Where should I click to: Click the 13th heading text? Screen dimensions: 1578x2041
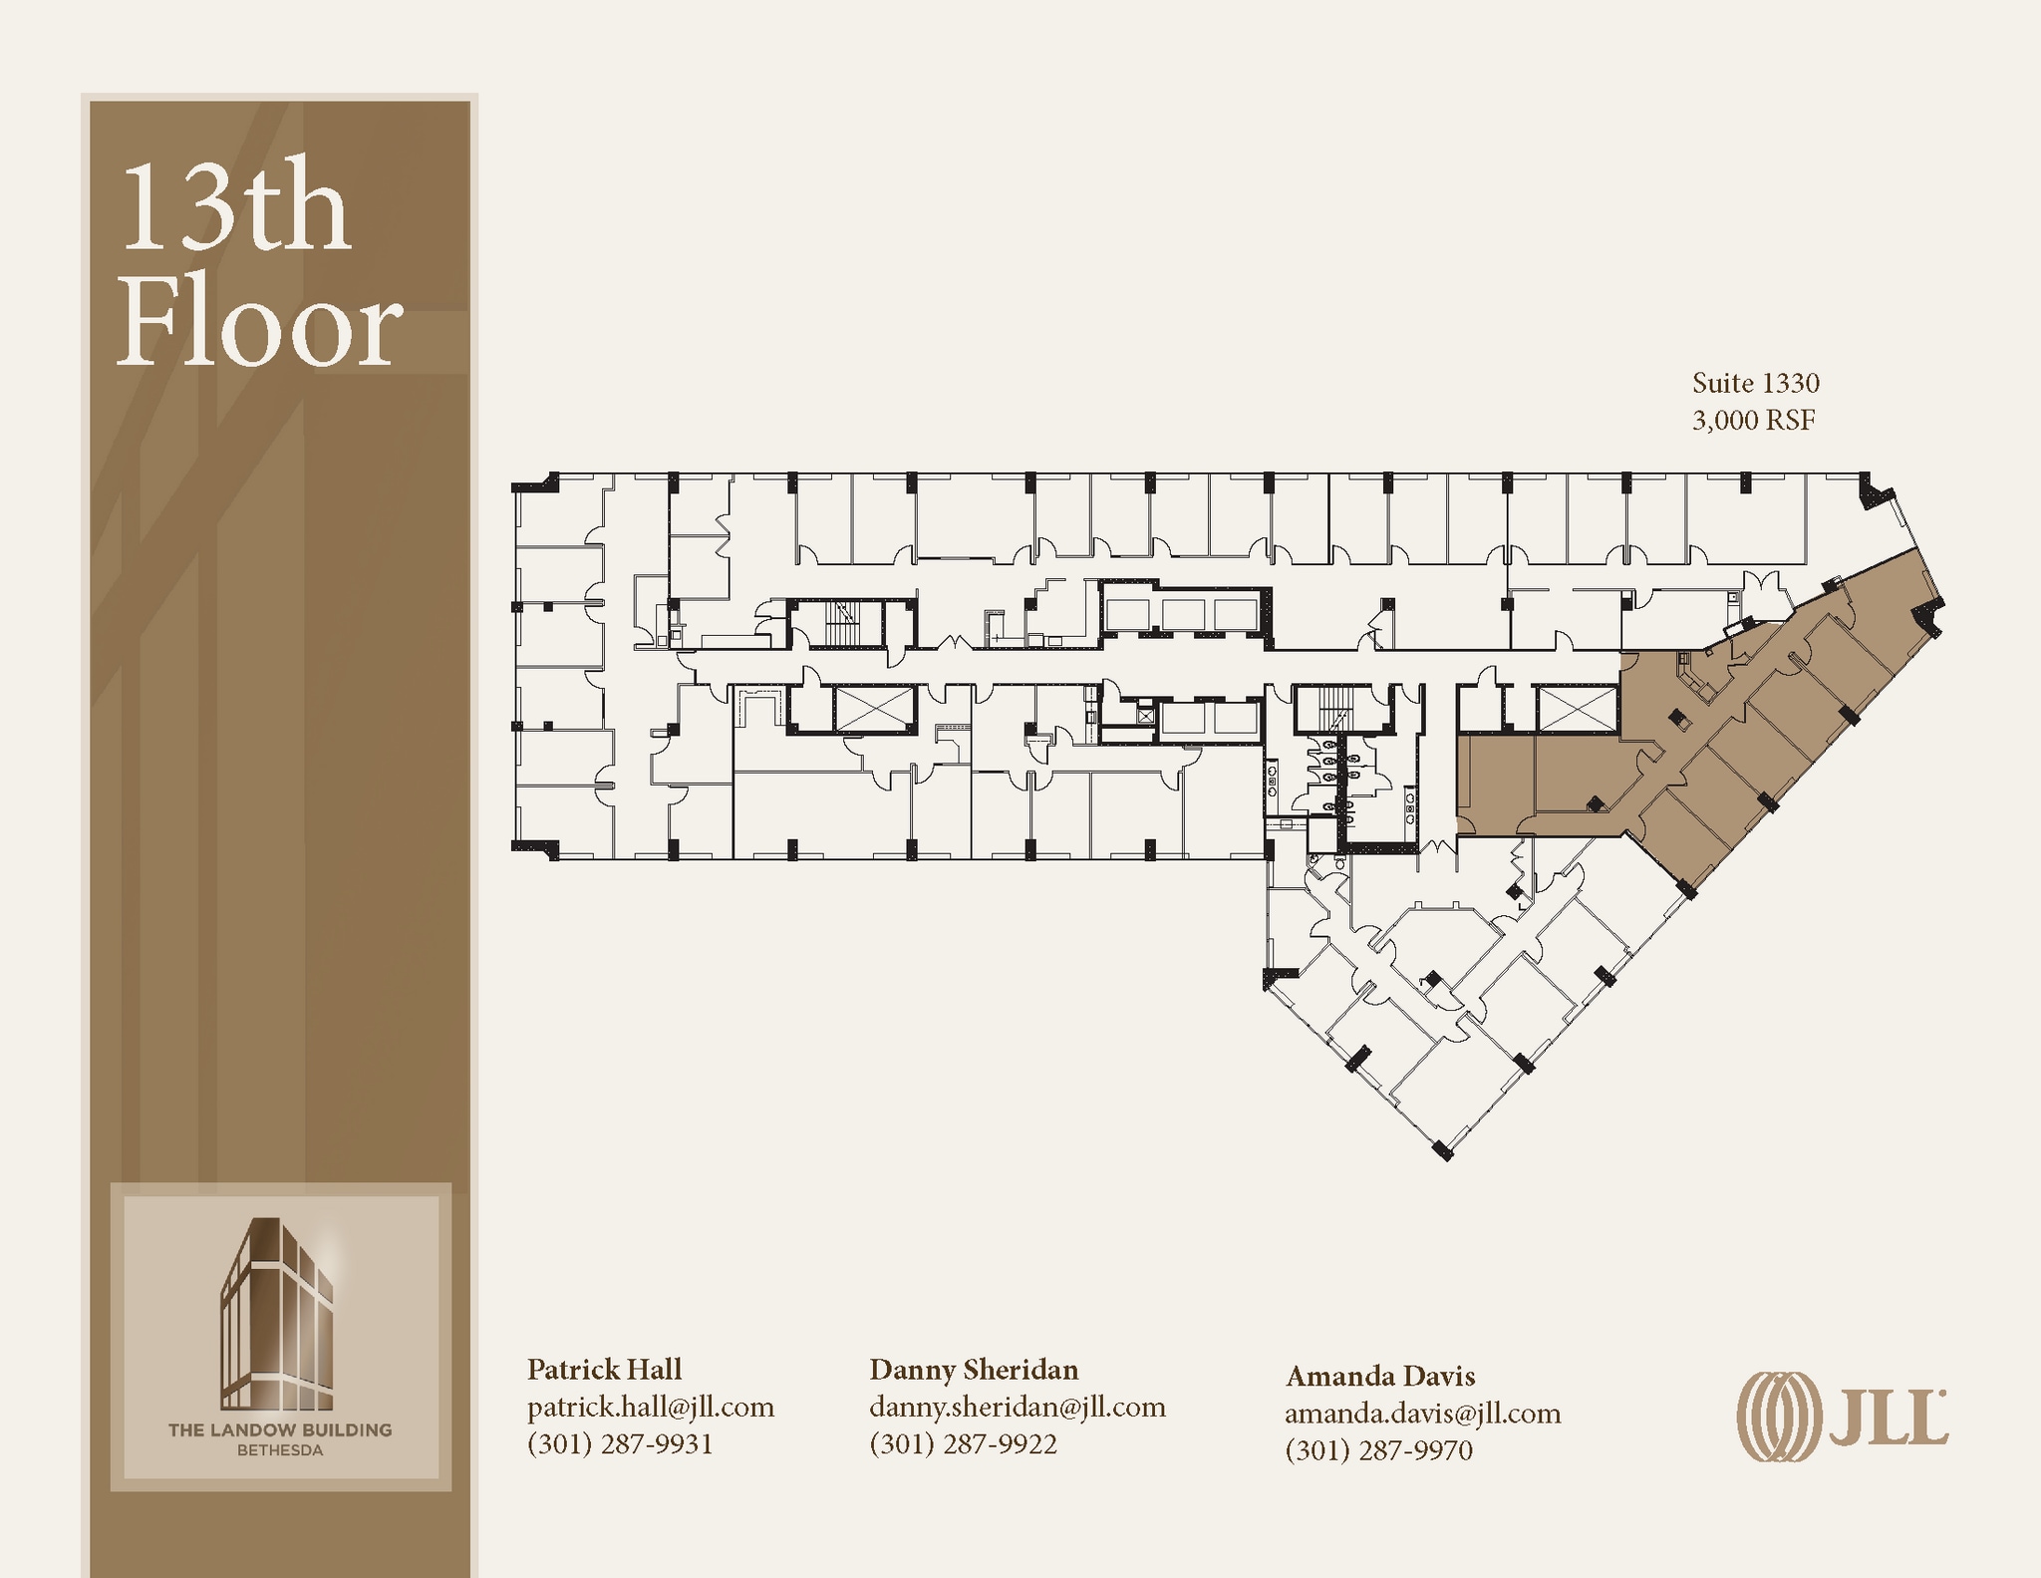tap(235, 209)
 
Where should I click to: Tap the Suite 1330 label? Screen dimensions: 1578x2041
tap(1755, 383)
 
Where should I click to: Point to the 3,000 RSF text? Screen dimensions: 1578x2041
tap(1753, 421)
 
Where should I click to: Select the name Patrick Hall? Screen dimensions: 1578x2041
tap(604, 1369)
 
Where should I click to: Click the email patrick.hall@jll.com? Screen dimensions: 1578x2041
tap(650, 1407)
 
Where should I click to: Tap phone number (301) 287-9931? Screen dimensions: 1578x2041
tap(620, 1443)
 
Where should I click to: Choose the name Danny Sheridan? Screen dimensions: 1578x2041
tap(973, 1369)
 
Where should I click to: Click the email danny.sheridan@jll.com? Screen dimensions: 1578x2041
tap(1017, 1407)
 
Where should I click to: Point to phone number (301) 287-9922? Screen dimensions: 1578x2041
tap(963, 1443)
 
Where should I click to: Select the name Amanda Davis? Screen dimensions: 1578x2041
tap(1379, 1376)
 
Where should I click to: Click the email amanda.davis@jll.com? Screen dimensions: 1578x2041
tap(1422, 1413)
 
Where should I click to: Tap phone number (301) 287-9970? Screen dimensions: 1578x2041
tap(1378, 1449)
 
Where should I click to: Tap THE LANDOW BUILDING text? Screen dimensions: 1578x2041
tap(280, 1429)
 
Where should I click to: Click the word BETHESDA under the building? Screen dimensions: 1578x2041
tap(280, 1450)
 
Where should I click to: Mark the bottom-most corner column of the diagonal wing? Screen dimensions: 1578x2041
tap(1442, 1150)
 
